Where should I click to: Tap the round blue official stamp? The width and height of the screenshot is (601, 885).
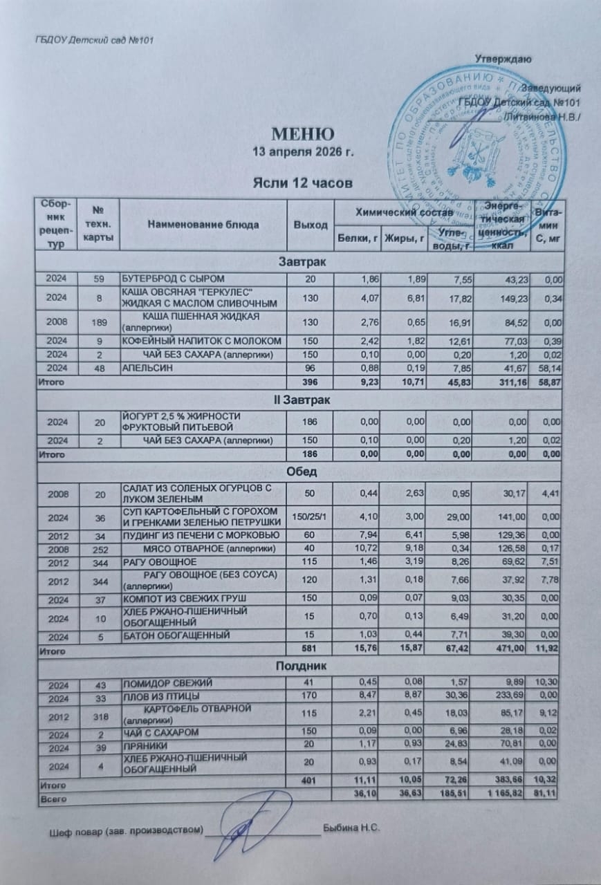(x=477, y=142)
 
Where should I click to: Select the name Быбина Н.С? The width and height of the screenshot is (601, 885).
(x=353, y=828)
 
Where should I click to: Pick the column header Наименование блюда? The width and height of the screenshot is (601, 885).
(x=203, y=225)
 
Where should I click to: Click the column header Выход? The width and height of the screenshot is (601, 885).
(x=310, y=225)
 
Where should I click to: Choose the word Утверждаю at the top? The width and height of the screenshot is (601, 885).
(x=503, y=58)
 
